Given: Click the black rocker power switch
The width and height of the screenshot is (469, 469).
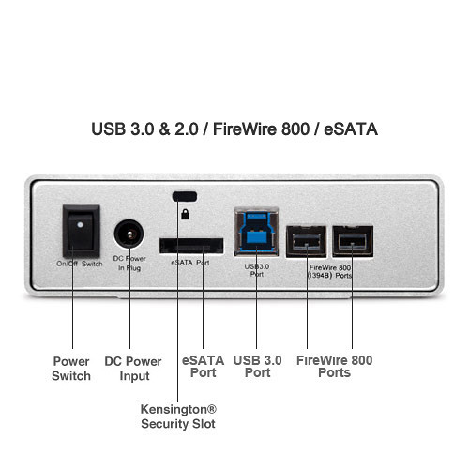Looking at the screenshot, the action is click(82, 232).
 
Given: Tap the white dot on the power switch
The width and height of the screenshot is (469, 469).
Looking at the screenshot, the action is click(80, 224).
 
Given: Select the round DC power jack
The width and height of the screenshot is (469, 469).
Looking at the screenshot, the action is click(129, 234).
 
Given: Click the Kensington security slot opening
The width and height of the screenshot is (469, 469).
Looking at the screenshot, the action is click(185, 196).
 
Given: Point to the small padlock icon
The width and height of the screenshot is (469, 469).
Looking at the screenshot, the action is click(186, 214).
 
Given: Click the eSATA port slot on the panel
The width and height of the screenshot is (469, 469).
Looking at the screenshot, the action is click(191, 246).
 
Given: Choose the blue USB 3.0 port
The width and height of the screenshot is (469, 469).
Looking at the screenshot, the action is click(256, 232).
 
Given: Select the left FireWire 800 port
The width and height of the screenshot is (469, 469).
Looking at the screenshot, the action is click(307, 241).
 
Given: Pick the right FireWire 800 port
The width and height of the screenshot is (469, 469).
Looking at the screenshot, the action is click(353, 241).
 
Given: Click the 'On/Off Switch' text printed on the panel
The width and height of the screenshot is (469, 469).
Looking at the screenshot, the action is click(80, 264).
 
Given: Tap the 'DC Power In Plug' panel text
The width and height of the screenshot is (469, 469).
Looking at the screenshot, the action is click(129, 264).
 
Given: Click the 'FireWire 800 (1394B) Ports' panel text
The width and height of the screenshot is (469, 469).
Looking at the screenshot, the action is click(330, 271).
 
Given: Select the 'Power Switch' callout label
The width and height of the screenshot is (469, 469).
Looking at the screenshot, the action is click(71, 369).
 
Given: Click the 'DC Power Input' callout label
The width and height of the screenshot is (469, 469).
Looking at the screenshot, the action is click(133, 369).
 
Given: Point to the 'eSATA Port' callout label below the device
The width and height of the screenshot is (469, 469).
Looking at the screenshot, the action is click(203, 367).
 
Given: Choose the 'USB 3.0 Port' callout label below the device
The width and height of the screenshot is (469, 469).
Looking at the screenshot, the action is click(257, 367).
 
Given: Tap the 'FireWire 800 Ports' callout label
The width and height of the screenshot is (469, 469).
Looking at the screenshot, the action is click(334, 367).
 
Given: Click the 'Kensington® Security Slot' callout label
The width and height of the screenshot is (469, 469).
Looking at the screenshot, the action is click(178, 416).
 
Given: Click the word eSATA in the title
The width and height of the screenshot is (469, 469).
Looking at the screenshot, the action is click(351, 129).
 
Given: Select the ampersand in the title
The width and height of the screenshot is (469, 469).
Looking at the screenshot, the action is click(164, 129).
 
